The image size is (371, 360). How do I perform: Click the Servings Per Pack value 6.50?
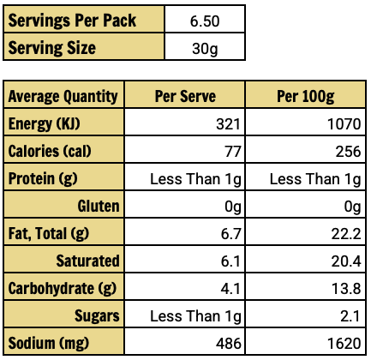205,21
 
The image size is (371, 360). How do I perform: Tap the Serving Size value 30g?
205,49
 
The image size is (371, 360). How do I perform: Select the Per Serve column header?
185,96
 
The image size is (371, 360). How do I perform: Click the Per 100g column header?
305,96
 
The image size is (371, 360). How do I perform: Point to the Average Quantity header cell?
63,96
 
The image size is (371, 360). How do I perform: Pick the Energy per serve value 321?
228,124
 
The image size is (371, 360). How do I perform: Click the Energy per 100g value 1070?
344,124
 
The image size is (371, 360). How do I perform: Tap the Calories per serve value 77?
233,152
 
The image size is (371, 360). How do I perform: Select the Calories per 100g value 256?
348,152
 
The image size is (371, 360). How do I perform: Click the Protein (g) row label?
43,179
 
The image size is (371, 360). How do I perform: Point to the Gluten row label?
99,206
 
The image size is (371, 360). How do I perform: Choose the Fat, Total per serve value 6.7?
230,234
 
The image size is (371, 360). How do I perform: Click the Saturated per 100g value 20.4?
346,261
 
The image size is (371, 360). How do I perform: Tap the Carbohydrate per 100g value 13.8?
346,289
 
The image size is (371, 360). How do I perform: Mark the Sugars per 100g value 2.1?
350,316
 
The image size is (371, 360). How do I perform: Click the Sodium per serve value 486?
228,344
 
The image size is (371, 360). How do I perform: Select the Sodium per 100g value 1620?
344,344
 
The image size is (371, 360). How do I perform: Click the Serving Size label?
51,47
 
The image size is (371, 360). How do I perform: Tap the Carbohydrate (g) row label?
63,289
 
